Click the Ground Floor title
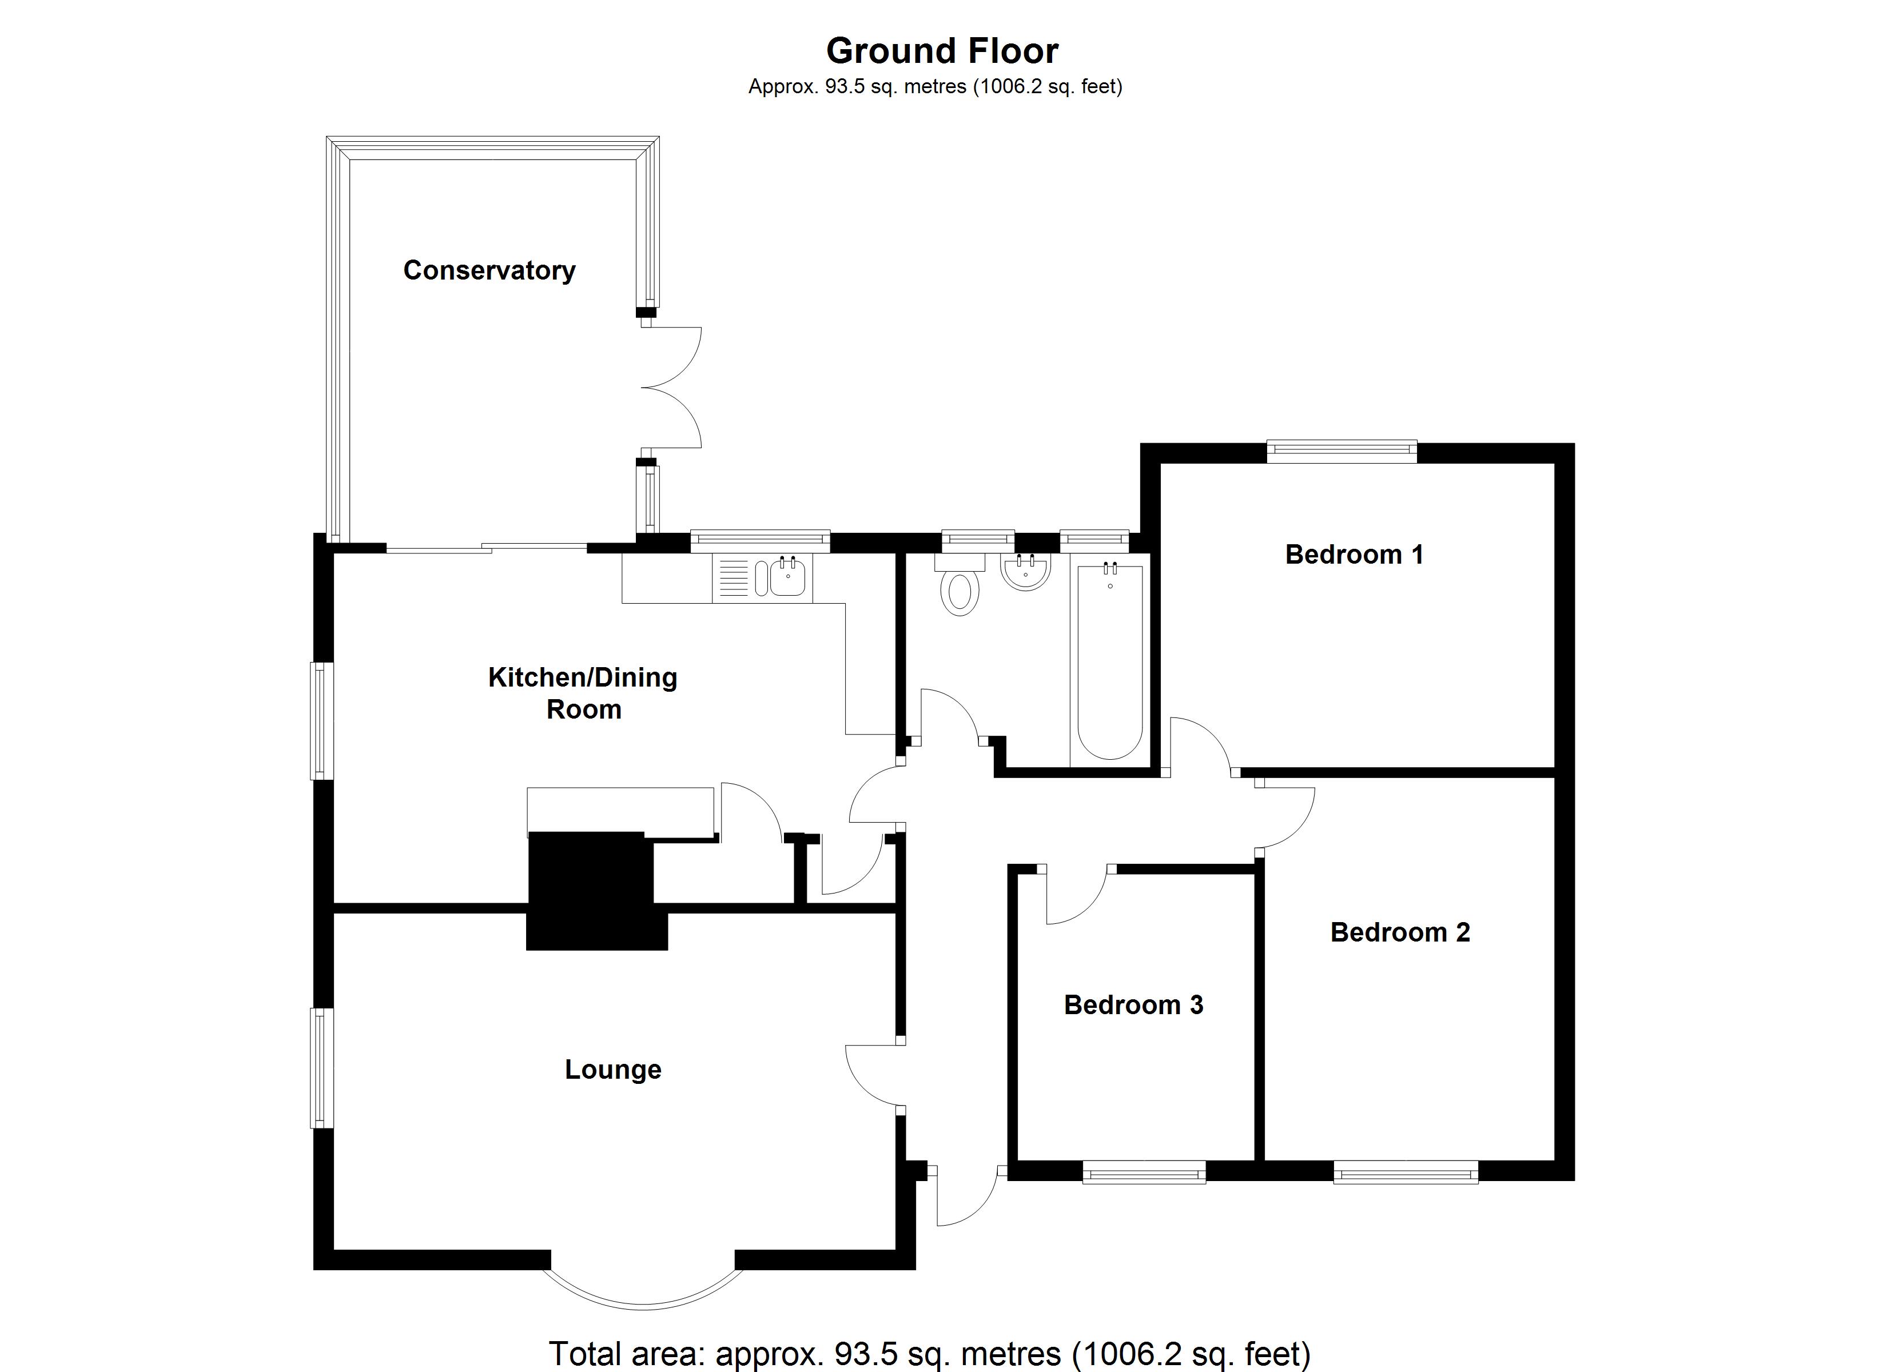[x=942, y=51]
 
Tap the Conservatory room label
[x=489, y=270]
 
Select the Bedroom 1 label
[x=1353, y=554]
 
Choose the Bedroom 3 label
[x=1133, y=1004]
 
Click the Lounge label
[x=612, y=1069]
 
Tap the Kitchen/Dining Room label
[x=583, y=692]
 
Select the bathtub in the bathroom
[x=1110, y=661]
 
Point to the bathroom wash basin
[x=1026, y=572]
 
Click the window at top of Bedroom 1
[x=1341, y=451]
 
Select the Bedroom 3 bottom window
[x=1144, y=1174]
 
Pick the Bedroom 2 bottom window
[x=1406, y=1174]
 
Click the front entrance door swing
[x=965, y=1198]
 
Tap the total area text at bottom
[x=929, y=1354]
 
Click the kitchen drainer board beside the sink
[x=733, y=577]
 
